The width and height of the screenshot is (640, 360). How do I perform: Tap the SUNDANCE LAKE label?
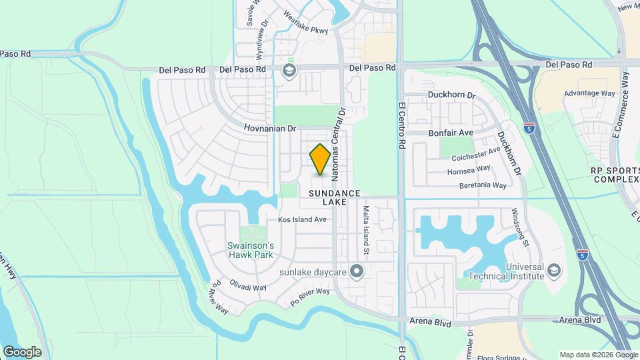334,197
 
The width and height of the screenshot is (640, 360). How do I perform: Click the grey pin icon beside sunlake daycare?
357,271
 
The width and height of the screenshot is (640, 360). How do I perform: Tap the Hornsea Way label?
469,171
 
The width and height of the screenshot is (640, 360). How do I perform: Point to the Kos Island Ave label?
302,219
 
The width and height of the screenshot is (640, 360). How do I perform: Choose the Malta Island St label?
366,230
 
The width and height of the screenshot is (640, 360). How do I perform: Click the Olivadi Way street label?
248,287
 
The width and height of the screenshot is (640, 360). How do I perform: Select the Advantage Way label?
589,93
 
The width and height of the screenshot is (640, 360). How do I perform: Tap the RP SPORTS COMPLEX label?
615,175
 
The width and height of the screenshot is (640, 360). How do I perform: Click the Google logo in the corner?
22,352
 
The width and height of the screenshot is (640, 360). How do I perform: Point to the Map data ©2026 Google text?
597,355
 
